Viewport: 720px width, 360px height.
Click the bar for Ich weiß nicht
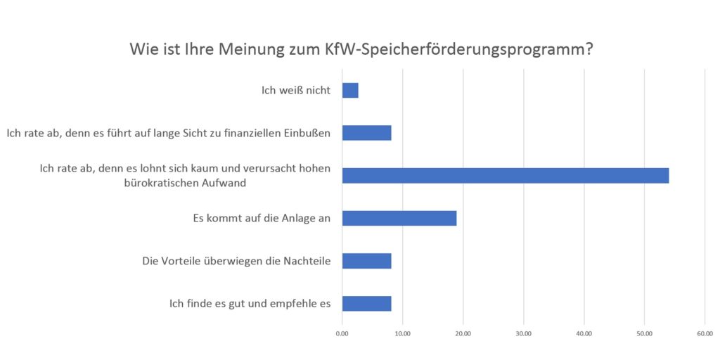coord(350,90)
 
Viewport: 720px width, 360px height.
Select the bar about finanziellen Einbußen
coord(366,133)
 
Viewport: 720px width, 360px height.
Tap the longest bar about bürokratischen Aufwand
coord(505,176)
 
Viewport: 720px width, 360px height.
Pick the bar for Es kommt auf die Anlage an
coord(399,218)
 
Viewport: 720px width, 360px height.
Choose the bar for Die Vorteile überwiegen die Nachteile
coord(366,261)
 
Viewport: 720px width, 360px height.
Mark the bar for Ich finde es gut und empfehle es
coord(366,304)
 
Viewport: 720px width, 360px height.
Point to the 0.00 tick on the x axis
coord(342,334)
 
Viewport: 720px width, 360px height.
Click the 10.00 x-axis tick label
coord(402,334)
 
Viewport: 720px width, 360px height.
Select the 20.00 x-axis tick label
coord(463,334)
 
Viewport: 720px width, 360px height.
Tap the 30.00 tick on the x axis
coord(523,334)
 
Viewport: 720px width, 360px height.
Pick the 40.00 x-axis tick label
coord(584,334)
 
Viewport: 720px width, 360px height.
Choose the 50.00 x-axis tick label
coord(644,334)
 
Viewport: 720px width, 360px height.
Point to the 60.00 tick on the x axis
coord(705,334)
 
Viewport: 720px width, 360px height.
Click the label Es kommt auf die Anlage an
coord(262,218)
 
